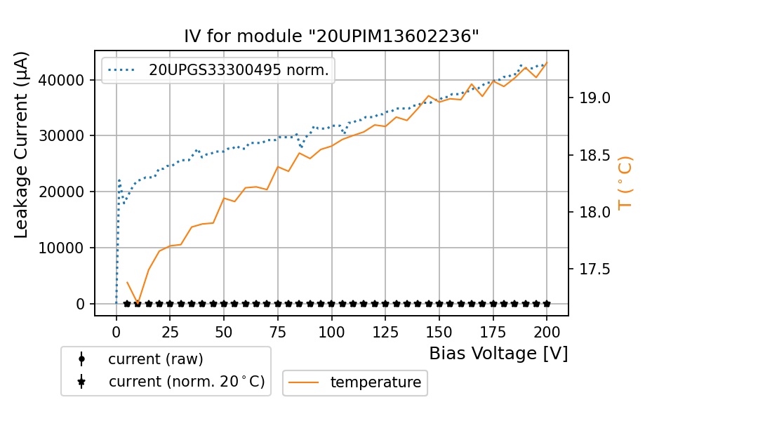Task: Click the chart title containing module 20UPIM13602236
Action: click(x=331, y=36)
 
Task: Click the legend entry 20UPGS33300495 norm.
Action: click(x=239, y=69)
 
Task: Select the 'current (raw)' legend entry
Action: click(x=155, y=359)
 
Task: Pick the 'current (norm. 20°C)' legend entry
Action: click(x=186, y=382)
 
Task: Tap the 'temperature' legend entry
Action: click(x=375, y=382)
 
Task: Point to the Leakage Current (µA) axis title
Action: click(x=22, y=145)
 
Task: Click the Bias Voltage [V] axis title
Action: click(x=498, y=353)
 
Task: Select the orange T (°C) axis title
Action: click(x=625, y=182)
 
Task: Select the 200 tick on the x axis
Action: click(x=547, y=330)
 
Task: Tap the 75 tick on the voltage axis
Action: click(x=278, y=330)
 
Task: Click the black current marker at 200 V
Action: click(x=547, y=304)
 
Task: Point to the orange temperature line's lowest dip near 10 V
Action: click(x=138, y=302)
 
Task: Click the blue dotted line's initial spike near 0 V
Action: click(x=119, y=180)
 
